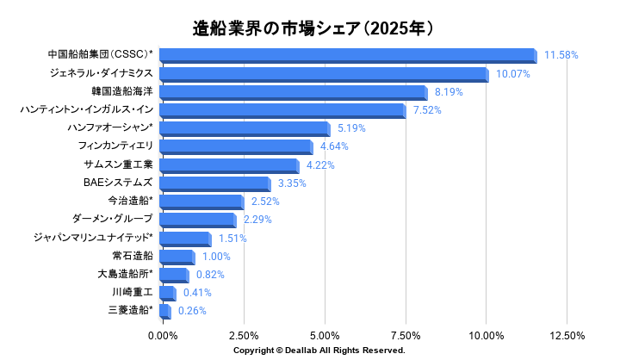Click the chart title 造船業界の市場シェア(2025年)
[x=313, y=28]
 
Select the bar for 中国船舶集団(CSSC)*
[x=349, y=56]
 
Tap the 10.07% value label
[x=513, y=74]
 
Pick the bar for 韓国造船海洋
[x=294, y=92]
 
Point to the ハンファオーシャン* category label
[x=109, y=127]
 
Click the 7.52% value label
[x=427, y=110]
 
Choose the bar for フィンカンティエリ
[x=236, y=147]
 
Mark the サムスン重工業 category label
[x=118, y=164]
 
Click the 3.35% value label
[x=292, y=183]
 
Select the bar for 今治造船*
[x=201, y=202]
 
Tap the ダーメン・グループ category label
[x=112, y=219]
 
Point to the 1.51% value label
[x=232, y=239]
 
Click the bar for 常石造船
[x=177, y=258]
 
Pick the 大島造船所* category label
[x=125, y=273]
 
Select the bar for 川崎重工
[x=168, y=294]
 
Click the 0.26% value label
[x=192, y=311]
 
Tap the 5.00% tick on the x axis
[x=325, y=336]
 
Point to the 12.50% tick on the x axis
[x=567, y=336]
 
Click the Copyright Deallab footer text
[x=319, y=351]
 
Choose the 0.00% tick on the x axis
[x=163, y=336]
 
